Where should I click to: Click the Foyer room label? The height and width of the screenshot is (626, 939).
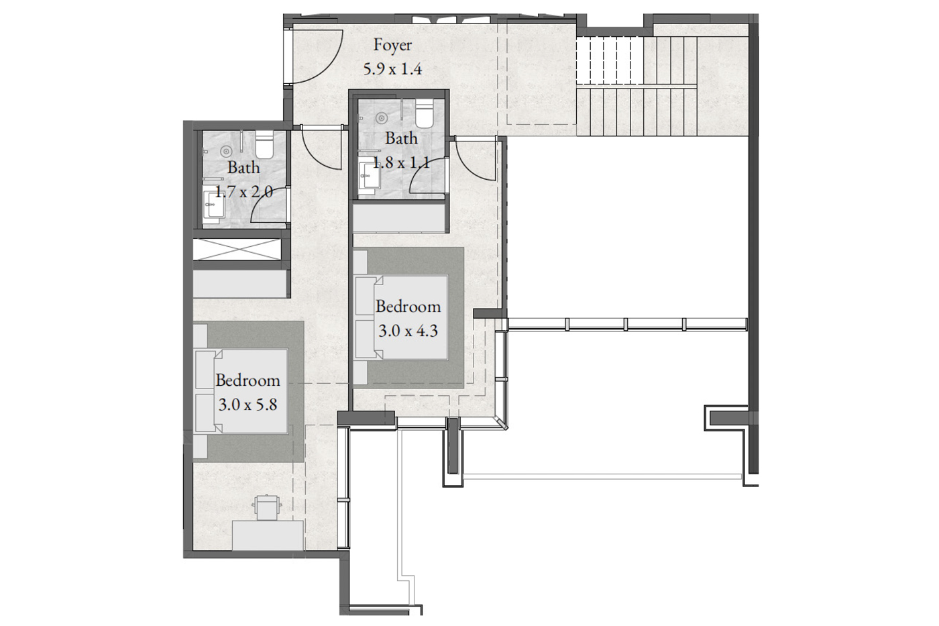(x=392, y=46)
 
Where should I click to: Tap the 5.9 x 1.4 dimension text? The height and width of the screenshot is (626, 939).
(x=392, y=68)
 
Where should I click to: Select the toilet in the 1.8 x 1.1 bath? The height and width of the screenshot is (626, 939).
(x=424, y=113)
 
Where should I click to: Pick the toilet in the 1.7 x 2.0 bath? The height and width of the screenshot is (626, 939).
(x=264, y=144)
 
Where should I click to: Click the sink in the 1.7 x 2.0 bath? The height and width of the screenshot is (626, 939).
(x=214, y=205)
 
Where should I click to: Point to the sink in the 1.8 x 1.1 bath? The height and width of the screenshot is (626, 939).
(x=370, y=176)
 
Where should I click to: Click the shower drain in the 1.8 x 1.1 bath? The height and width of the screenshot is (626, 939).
(x=382, y=118)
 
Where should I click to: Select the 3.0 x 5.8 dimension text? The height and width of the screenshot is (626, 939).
(x=247, y=405)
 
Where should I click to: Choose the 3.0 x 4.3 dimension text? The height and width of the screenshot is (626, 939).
(x=408, y=331)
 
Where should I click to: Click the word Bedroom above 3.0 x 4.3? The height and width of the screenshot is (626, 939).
(x=408, y=307)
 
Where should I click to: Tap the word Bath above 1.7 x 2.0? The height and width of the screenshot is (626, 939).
(x=243, y=168)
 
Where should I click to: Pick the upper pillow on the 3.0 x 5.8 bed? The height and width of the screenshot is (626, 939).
(x=205, y=370)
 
